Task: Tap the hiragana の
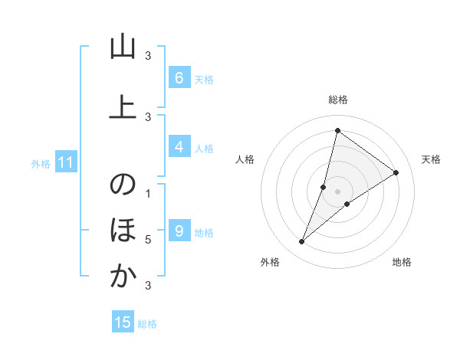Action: pyautogui.click(x=123, y=185)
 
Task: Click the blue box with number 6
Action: pyautogui.click(x=179, y=77)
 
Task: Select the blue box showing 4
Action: pyautogui.click(x=179, y=148)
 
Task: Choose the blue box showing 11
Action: pyautogui.click(x=66, y=162)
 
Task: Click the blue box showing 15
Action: pyautogui.click(x=123, y=323)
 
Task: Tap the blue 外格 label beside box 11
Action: pyautogui.click(x=41, y=163)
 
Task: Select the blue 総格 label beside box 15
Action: pyautogui.click(x=148, y=324)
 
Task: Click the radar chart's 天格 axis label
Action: pyautogui.click(x=432, y=159)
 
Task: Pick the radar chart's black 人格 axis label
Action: pyautogui.click(x=245, y=159)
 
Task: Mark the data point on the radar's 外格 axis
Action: pyautogui.click(x=302, y=242)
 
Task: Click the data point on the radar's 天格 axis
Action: pyautogui.click(x=396, y=173)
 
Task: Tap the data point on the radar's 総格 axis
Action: pyautogui.click(x=337, y=131)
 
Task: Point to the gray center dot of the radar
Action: pyautogui.click(x=337, y=191)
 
